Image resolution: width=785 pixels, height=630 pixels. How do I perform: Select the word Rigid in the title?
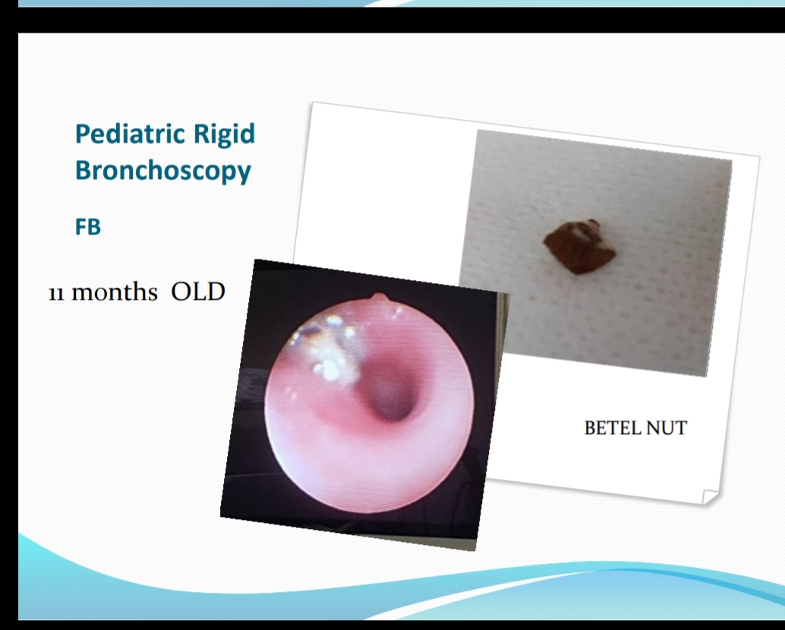(x=224, y=135)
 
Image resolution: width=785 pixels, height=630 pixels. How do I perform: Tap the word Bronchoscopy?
(x=162, y=171)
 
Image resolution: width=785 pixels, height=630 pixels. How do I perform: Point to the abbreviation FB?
(x=88, y=227)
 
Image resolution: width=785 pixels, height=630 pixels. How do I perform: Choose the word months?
(x=115, y=291)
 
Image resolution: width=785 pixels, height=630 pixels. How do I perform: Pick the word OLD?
(x=198, y=291)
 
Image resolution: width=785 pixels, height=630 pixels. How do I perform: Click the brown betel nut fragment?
(x=580, y=247)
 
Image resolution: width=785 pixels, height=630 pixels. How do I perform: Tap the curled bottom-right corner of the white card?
(x=711, y=497)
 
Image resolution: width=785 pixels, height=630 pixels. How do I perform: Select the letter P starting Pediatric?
(x=83, y=134)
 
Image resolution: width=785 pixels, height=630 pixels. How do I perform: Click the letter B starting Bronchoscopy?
(x=83, y=170)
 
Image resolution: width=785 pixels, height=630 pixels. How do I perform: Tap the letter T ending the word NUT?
(x=680, y=428)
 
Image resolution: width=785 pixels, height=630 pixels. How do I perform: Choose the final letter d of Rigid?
(x=247, y=134)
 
